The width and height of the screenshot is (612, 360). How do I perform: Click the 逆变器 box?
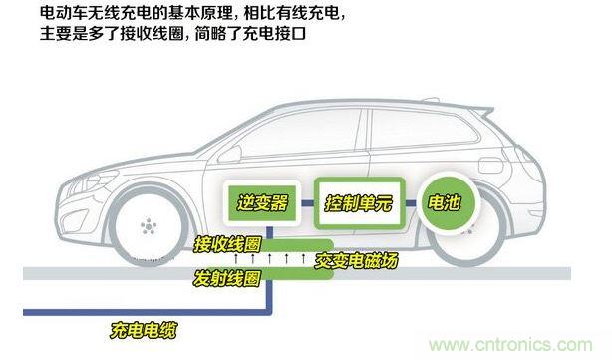(x=262, y=203)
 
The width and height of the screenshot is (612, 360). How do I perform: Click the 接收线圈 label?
(x=227, y=244)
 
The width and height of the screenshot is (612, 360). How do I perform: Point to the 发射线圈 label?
(x=227, y=278)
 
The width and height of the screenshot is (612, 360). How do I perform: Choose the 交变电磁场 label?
(x=356, y=260)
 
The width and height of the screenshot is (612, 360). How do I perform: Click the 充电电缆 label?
(x=144, y=330)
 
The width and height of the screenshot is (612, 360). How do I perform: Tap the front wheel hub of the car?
(x=149, y=226)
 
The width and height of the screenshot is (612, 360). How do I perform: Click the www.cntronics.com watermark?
(x=510, y=345)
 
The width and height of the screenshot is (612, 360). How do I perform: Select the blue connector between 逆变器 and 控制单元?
(x=308, y=203)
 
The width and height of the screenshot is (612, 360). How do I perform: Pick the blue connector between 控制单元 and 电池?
(x=411, y=203)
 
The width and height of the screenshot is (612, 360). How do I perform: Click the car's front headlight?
(x=92, y=182)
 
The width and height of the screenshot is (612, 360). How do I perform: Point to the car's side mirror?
(x=229, y=154)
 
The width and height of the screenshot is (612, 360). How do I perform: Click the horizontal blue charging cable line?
(x=146, y=312)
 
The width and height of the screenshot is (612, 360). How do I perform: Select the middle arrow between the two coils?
(x=270, y=259)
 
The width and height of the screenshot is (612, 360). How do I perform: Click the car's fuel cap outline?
(x=491, y=165)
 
